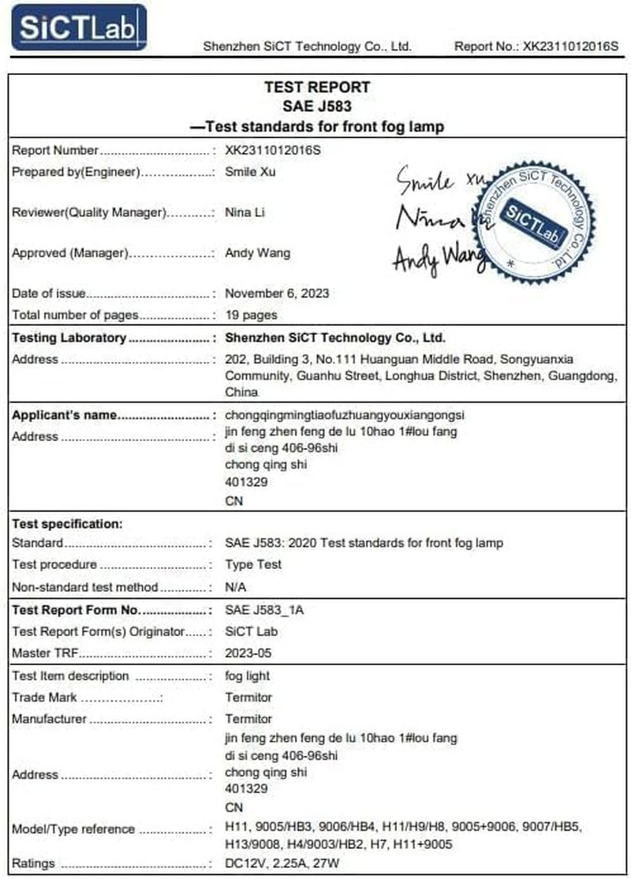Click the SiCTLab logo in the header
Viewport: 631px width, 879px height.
click(78, 28)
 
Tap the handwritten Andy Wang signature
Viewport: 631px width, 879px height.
click(438, 256)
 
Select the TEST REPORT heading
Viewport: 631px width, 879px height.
click(317, 88)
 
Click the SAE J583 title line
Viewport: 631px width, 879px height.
click(317, 107)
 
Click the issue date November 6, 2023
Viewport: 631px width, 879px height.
click(277, 294)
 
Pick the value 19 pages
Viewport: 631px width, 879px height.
click(251, 315)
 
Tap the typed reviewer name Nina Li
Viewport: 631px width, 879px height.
click(244, 211)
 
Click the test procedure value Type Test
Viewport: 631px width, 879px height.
click(253, 565)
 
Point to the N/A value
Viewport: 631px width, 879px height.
click(235, 587)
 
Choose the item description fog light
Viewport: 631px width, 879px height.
click(247, 676)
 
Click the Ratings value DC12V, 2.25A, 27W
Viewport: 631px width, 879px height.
click(282, 863)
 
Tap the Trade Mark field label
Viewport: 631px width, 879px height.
click(45, 698)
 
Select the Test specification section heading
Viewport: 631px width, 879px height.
click(67, 524)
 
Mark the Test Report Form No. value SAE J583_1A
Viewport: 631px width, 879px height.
click(263, 610)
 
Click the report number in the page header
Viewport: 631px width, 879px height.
click(569, 47)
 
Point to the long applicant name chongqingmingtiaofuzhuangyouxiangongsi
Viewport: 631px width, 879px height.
click(334, 415)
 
